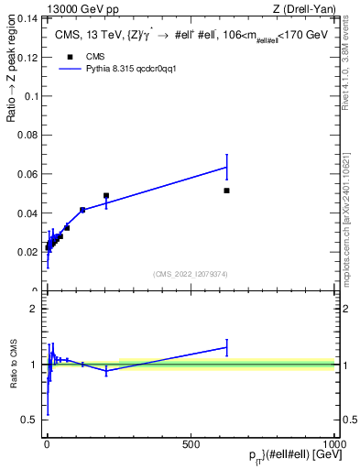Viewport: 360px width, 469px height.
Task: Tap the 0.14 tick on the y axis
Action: pos(27,18)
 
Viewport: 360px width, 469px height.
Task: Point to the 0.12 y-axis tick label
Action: pos(27,57)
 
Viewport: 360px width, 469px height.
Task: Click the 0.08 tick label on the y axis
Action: pos(27,136)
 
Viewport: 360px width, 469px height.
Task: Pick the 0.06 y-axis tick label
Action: pos(27,174)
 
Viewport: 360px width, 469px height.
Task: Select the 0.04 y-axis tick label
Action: pos(27,213)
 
